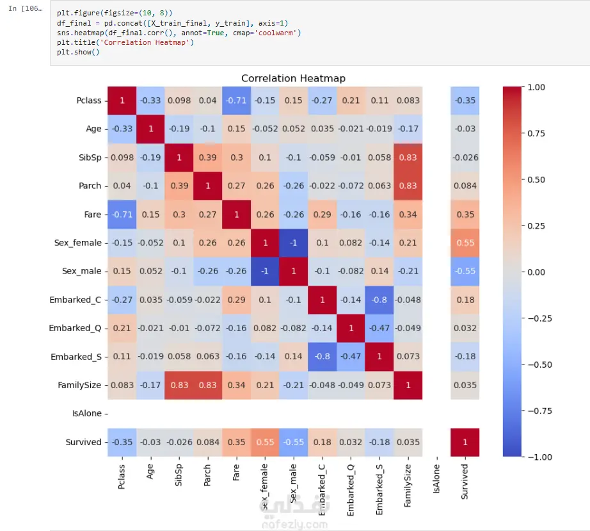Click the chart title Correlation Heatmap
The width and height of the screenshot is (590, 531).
click(x=293, y=78)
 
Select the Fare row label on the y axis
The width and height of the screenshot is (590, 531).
click(x=93, y=215)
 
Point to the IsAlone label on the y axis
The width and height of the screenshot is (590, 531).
click(x=87, y=414)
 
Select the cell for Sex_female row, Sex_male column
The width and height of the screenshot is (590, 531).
click(x=292, y=243)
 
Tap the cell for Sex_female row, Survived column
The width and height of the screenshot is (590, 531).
click(x=465, y=243)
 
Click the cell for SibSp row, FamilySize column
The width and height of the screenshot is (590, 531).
click(x=408, y=158)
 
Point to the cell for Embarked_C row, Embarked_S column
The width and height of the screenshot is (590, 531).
click(x=379, y=300)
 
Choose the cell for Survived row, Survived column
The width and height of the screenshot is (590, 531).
click(x=465, y=442)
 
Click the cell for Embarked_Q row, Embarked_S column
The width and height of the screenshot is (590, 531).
click(x=379, y=328)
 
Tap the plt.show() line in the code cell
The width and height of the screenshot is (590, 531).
click(x=78, y=53)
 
